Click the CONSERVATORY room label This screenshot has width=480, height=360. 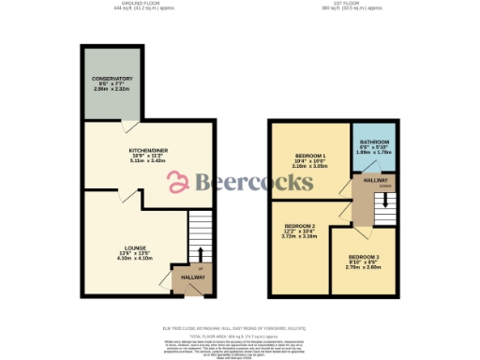(x=112, y=78)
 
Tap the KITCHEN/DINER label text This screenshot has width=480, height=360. (x=121, y=149)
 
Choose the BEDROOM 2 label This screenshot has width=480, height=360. (x=301, y=226)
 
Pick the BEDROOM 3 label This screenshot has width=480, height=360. (x=363, y=256)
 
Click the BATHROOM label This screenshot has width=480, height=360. (x=374, y=142)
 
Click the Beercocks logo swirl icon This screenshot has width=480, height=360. (x=179, y=182)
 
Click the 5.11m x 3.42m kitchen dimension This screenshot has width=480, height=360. (x=121, y=160)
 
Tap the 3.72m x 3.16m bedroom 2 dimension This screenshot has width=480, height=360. (x=301, y=236)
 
